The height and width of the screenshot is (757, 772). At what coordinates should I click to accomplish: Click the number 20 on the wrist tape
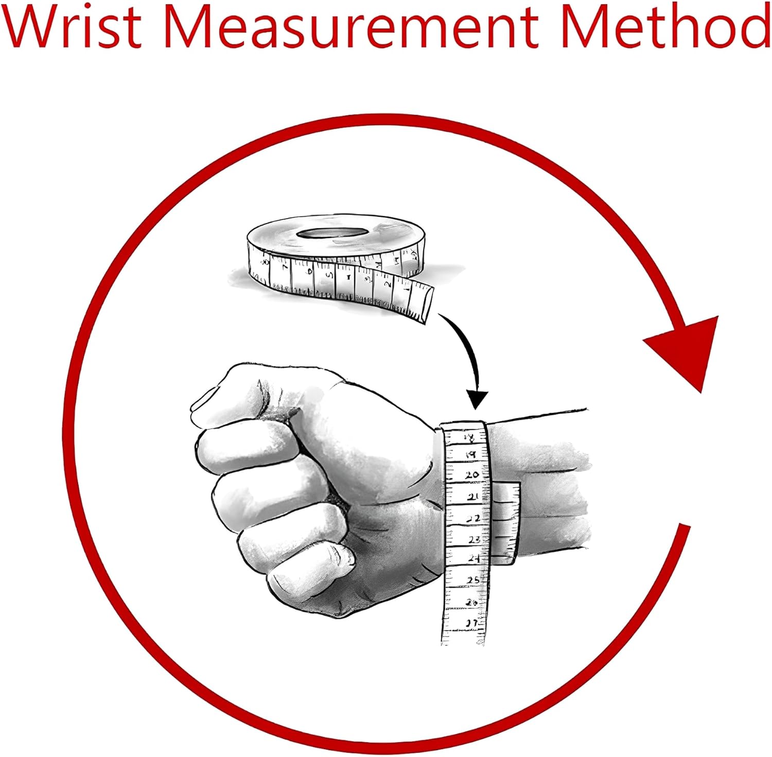pyautogui.click(x=471, y=475)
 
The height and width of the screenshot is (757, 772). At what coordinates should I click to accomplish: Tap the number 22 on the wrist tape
pyautogui.click(x=473, y=518)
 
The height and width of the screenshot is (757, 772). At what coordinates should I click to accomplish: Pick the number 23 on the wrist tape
pyautogui.click(x=473, y=539)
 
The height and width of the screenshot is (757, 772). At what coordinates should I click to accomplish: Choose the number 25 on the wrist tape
pyautogui.click(x=472, y=580)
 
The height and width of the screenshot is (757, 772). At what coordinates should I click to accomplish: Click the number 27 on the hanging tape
pyautogui.click(x=471, y=623)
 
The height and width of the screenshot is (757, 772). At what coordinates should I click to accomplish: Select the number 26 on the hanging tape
pyautogui.click(x=471, y=602)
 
